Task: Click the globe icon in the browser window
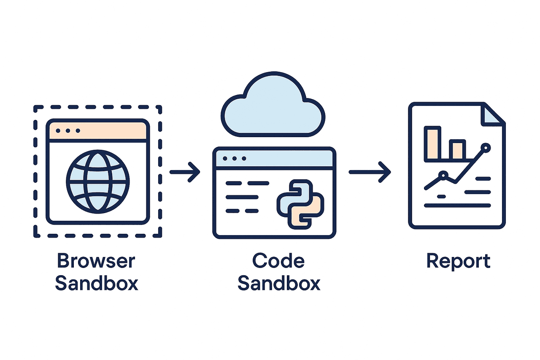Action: tap(98, 181)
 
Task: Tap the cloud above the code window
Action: tap(273, 106)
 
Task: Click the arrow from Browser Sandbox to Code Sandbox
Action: tap(185, 172)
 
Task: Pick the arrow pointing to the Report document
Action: tap(370, 172)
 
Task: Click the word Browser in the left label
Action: tap(96, 261)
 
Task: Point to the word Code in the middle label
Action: tap(278, 261)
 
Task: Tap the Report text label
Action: tap(458, 261)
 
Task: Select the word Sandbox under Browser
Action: tap(97, 283)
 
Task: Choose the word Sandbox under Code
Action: tap(279, 283)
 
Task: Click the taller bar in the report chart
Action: tap(432, 143)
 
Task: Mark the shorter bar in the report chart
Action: tap(457, 150)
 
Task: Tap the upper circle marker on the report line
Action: tap(486, 148)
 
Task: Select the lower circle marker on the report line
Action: tap(443, 174)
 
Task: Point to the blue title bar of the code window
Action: tap(274, 159)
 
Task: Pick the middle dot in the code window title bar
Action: tap(235, 159)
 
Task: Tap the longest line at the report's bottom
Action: tap(458, 206)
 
